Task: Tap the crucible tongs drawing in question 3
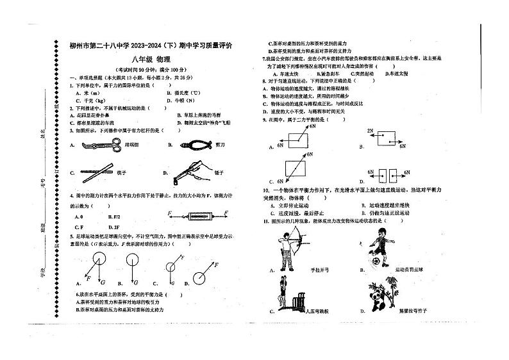[95, 145]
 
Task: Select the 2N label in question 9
[370, 131]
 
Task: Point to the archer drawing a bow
[284, 250]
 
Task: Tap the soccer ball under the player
[372, 262]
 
